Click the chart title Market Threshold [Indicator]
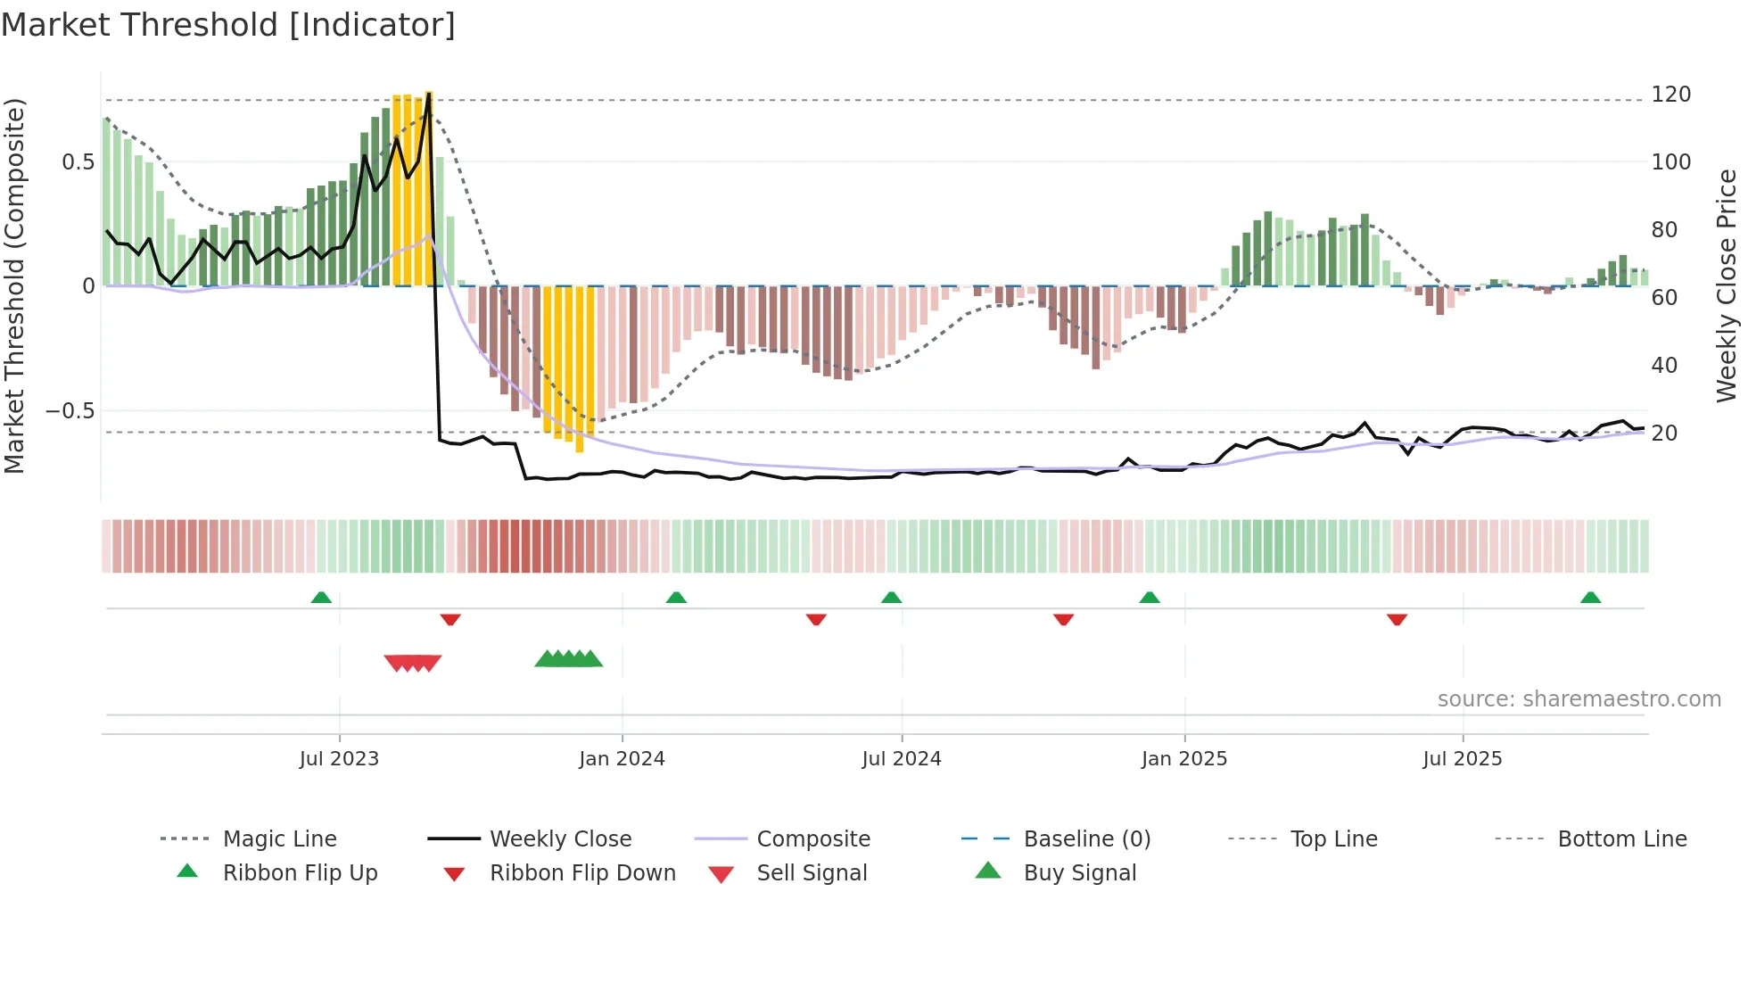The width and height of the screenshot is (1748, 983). (228, 25)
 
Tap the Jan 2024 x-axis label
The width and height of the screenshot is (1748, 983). (622, 759)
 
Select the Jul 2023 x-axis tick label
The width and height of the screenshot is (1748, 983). (339, 759)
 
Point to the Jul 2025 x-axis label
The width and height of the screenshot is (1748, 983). (1462, 759)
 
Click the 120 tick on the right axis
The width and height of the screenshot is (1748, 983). (1670, 95)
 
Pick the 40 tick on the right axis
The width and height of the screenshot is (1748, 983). (1663, 365)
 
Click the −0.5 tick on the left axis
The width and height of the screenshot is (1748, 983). (70, 411)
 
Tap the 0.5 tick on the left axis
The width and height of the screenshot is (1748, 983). (78, 162)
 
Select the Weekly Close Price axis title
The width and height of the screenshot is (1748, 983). (1727, 285)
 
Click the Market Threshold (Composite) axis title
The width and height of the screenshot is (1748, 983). (14, 285)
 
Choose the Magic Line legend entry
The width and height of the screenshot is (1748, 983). (279, 839)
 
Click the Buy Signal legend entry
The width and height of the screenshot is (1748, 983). (1079, 873)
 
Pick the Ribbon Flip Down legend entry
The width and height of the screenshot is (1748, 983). (581, 873)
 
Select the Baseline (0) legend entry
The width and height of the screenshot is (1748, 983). (1086, 839)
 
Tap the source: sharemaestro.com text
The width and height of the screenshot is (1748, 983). (1579, 699)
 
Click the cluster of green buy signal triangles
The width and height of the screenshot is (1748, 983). (569, 659)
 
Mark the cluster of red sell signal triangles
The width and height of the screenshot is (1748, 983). (413, 663)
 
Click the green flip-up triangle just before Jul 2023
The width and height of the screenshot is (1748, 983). (321, 598)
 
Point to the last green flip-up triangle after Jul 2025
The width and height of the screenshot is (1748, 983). (1590, 598)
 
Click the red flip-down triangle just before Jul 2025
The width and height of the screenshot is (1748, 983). (1397, 619)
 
